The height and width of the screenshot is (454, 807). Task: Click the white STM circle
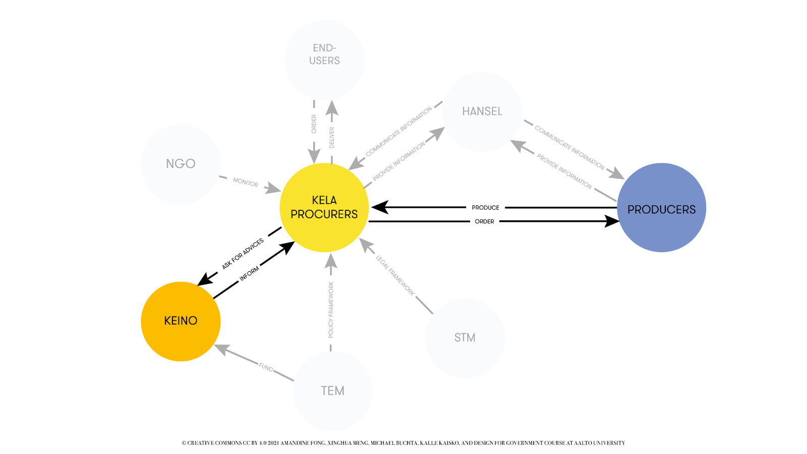pyautogui.click(x=465, y=358)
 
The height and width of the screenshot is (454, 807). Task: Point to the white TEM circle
pyautogui.click(x=332, y=411)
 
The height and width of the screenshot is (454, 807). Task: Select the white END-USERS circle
pyautogui.click(x=324, y=81)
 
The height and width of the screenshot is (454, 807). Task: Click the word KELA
pyautogui.click(x=324, y=200)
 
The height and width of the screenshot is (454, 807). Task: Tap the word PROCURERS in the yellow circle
pyautogui.click(x=324, y=214)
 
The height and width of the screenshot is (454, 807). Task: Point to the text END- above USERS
pyautogui.click(x=324, y=48)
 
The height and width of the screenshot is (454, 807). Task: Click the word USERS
pyautogui.click(x=324, y=61)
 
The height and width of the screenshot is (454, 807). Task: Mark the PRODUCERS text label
pyautogui.click(x=661, y=209)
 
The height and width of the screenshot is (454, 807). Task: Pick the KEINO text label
pyautogui.click(x=181, y=321)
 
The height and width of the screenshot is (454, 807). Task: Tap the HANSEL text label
pyautogui.click(x=482, y=111)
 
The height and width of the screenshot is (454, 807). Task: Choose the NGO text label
pyautogui.click(x=181, y=164)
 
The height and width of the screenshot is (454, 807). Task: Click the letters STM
pyautogui.click(x=465, y=337)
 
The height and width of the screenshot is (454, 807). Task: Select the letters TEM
pyautogui.click(x=332, y=391)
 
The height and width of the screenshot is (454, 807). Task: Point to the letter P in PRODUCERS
pyautogui.click(x=631, y=209)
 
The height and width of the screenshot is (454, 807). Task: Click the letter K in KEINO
pyautogui.click(x=167, y=321)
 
